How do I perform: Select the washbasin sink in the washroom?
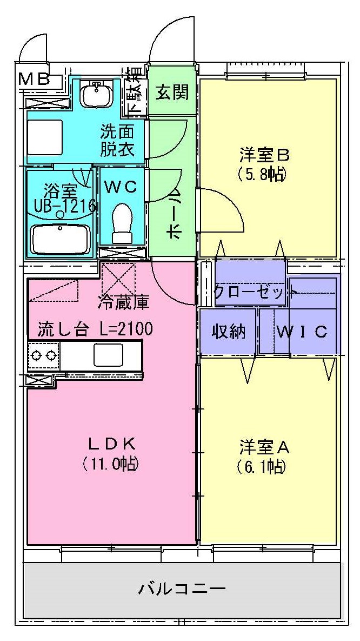click(x=97, y=95)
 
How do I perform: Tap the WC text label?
click(x=122, y=187)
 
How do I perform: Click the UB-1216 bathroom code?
click(x=64, y=206)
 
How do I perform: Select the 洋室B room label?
click(x=265, y=155)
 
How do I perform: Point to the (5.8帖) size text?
click(x=261, y=175)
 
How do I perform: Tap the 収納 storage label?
click(x=228, y=331)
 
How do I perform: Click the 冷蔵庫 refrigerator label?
click(x=123, y=302)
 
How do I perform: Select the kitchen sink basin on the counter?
click(x=109, y=355)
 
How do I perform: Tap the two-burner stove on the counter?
click(x=44, y=355)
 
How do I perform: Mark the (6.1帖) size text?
click(x=261, y=466)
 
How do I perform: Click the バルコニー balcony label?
click(x=182, y=588)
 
